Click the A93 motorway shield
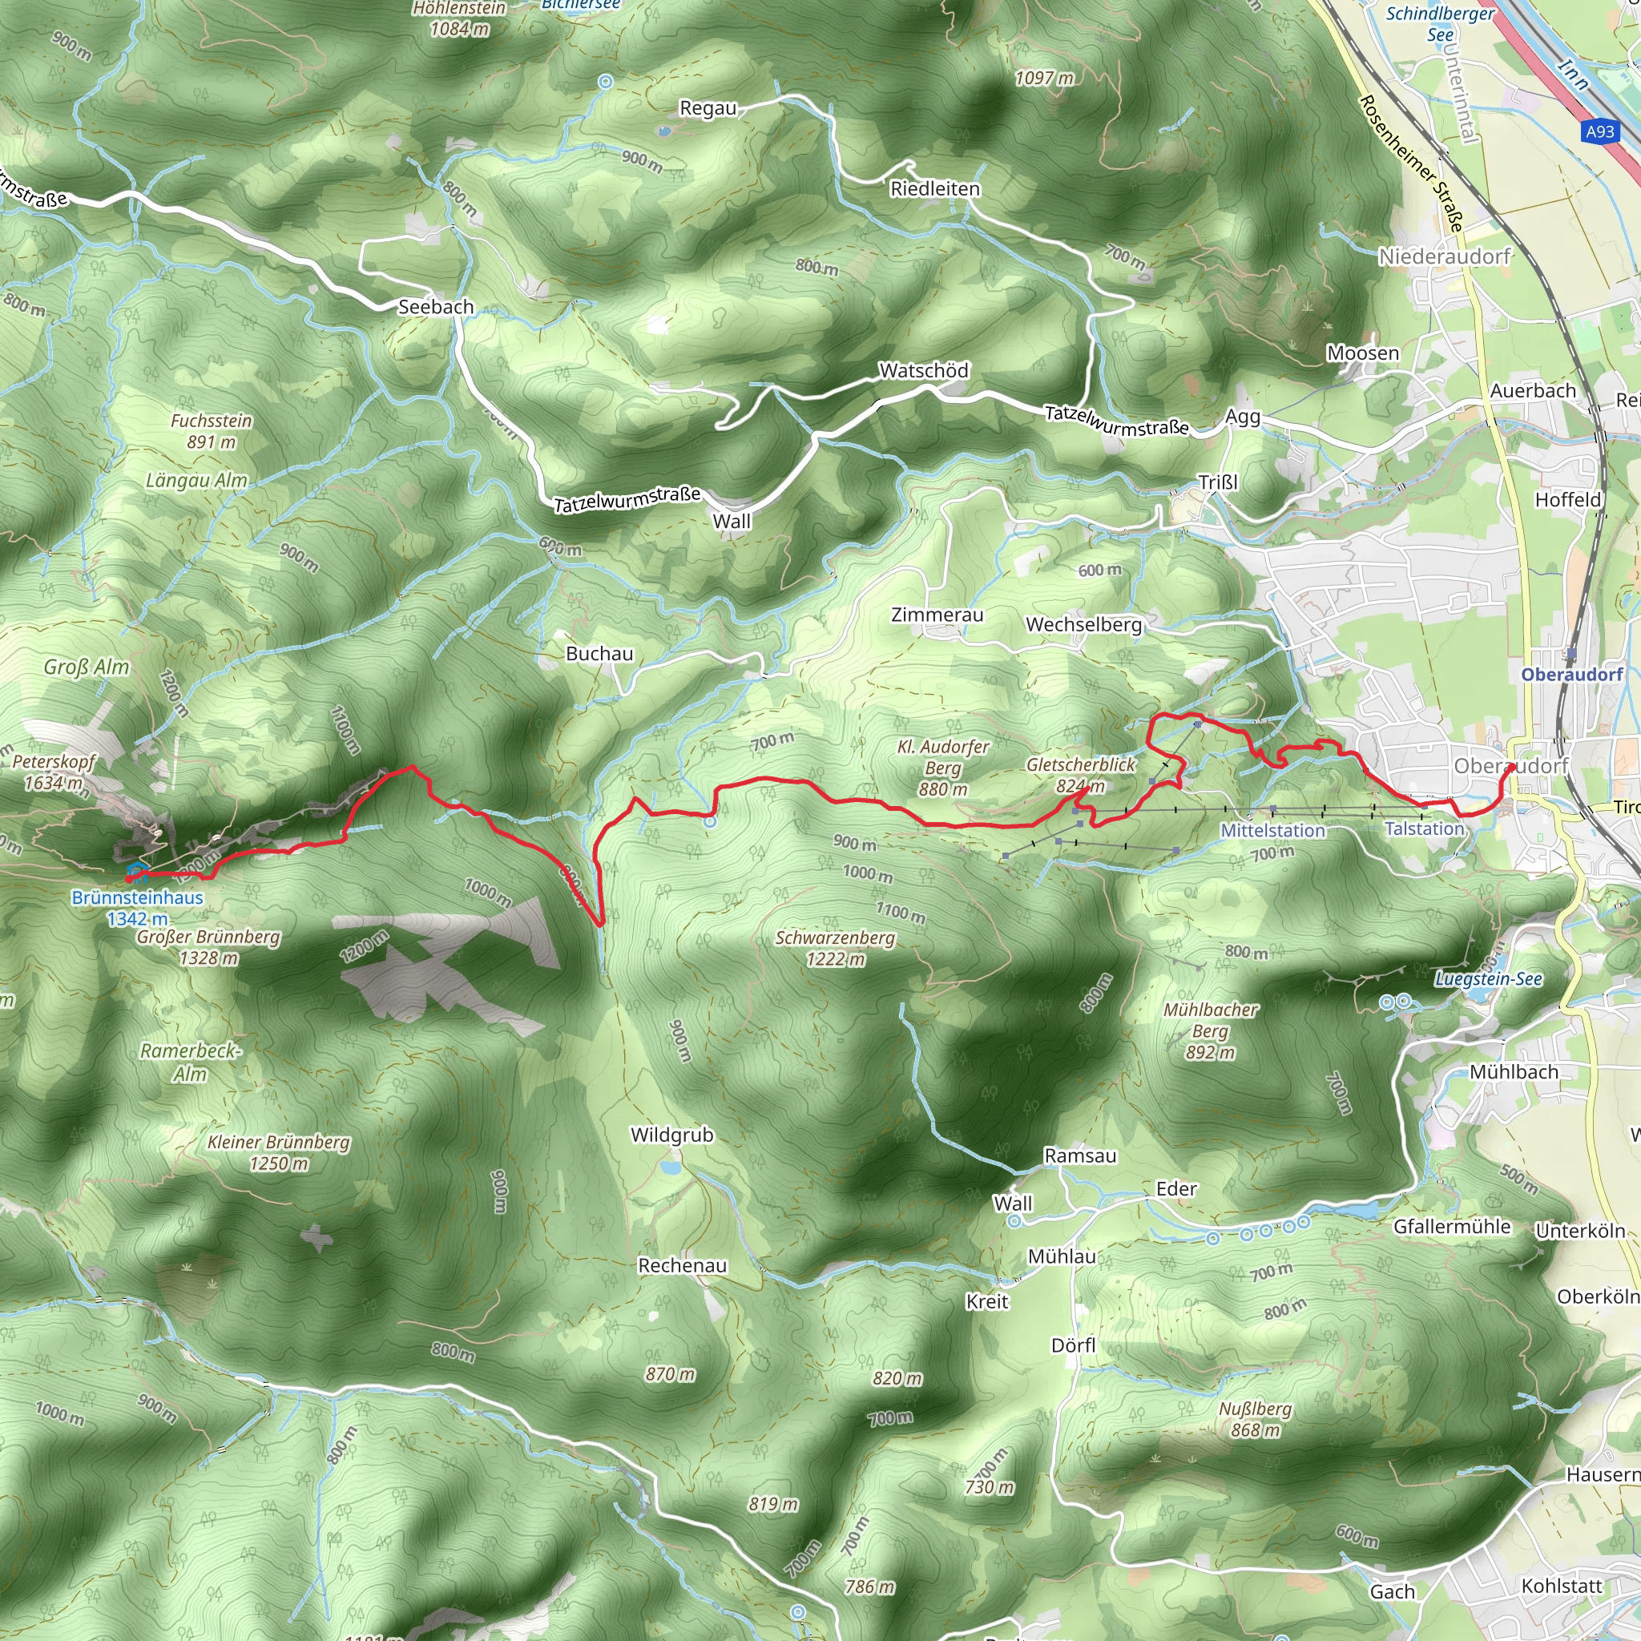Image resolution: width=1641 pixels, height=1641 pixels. pyautogui.click(x=1599, y=131)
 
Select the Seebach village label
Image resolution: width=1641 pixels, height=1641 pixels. pyautogui.click(x=436, y=307)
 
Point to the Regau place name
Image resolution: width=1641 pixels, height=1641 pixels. pyautogui.click(x=708, y=109)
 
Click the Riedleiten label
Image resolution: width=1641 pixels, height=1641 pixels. pyautogui.click(x=934, y=188)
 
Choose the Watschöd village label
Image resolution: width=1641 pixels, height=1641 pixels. pyautogui.click(x=923, y=370)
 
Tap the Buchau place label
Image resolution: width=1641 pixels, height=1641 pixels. pyautogui.click(x=599, y=653)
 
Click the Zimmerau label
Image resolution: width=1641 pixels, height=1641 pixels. pyautogui.click(x=937, y=615)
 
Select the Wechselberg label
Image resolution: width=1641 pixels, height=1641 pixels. pyautogui.click(x=1084, y=624)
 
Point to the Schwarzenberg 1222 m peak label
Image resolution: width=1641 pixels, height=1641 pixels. pyautogui.click(x=835, y=948)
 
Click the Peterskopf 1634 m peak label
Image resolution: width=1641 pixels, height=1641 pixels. pyautogui.click(x=54, y=772)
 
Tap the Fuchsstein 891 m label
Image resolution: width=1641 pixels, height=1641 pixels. pyautogui.click(x=212, y=430)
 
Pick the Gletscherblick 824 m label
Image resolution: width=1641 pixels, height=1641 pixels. pyautogui.click(x=1080, y=775)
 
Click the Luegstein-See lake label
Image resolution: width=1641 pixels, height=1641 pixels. pyautogui.click(x=1488, y=978)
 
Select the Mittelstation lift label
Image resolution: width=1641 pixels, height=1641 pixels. pyautogui.click(x=1272, y=831)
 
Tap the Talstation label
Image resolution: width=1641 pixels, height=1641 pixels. pyautogui.click(x=1425, y=829)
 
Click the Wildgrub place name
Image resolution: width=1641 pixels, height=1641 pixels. pyautogui.click(x=671, y=1135)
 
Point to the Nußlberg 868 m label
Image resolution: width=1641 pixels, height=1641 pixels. pyautogui.click(x=1256, y=1418)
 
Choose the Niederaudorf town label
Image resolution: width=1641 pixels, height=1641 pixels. pyautogui.click(x=1445, y=256)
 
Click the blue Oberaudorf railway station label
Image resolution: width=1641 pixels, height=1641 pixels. pyautogui.click(x=1571, y=675)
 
